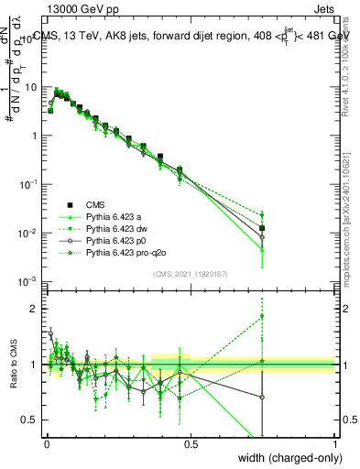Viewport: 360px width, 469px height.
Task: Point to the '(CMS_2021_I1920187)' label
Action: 190,273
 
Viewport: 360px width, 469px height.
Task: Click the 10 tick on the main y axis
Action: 32,87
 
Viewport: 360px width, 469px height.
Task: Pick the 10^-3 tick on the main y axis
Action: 30,281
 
